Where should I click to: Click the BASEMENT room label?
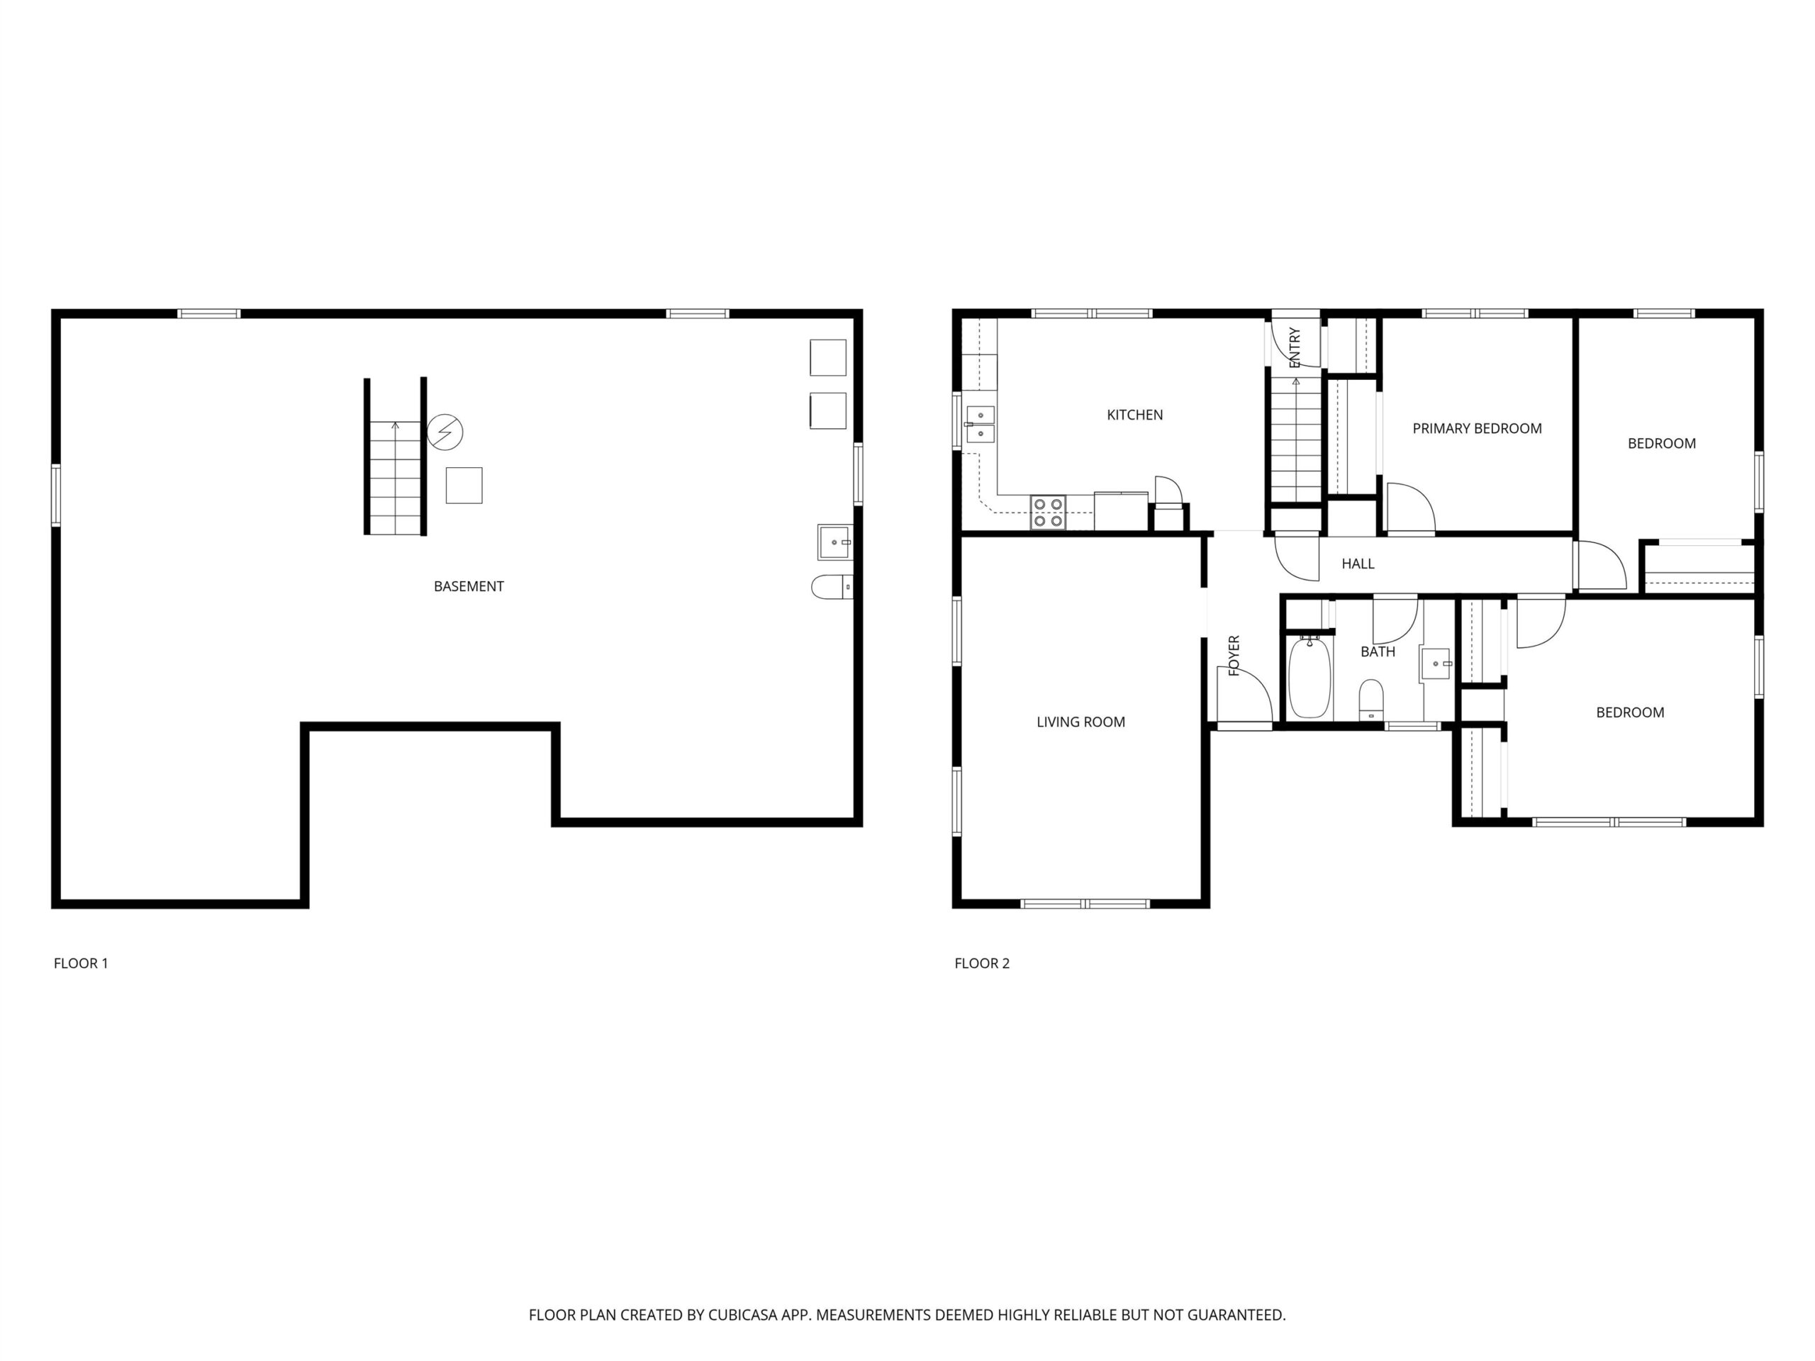469,586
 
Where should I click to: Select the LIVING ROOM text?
1080,722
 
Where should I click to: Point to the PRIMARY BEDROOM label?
1477,428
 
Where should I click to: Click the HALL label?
1358,564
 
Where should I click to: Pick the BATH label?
1378,651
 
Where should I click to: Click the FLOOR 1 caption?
80,963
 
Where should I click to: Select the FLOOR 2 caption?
982,963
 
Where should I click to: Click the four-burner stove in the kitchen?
1048,513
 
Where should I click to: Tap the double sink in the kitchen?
980,424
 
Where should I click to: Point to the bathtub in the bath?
1309,678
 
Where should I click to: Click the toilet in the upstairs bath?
1371,700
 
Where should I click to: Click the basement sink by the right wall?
835,542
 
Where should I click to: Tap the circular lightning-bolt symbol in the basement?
445,432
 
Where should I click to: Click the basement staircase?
396,478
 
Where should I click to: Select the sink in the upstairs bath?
1436,663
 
